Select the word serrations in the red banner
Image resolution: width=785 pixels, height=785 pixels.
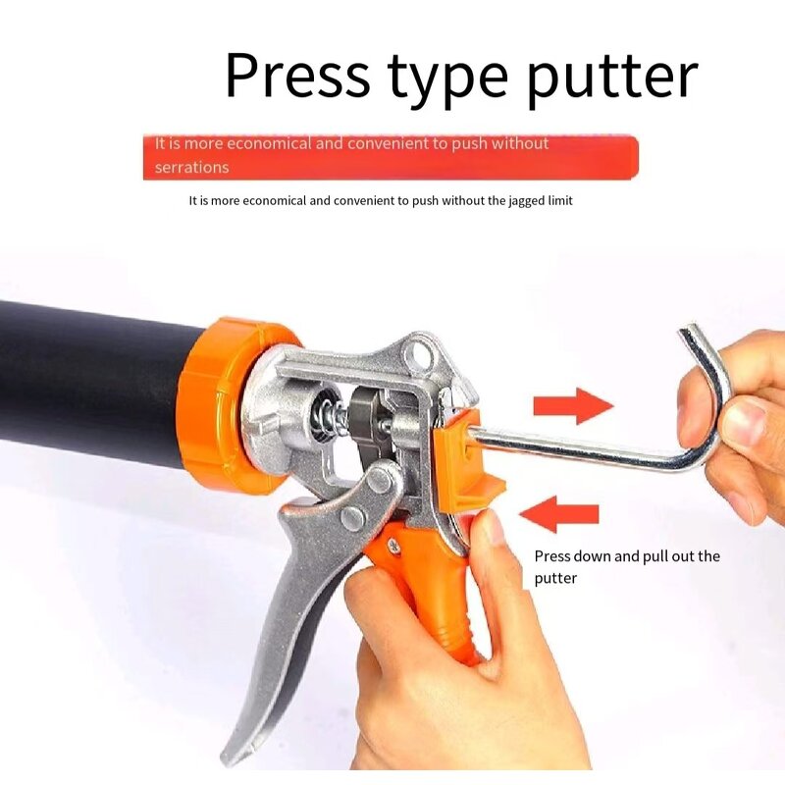(191, 167)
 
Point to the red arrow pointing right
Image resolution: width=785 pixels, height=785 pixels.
(572, 405)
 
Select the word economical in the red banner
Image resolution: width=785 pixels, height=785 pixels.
(265, 143)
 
